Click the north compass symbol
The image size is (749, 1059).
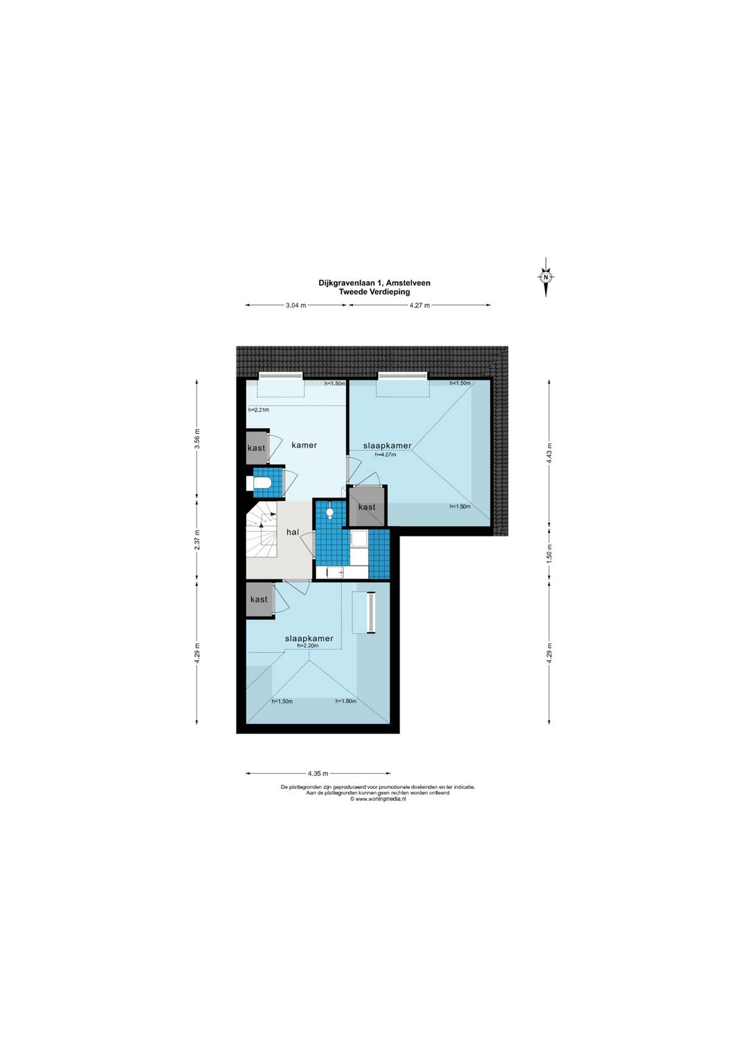(x=546, y=277)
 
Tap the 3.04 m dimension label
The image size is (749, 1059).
(x=296, y=305)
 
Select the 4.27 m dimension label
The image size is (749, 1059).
(x=420, y=305)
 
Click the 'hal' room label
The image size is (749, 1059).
(x=293, y=532)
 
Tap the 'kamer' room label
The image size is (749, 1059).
(x=304, y=445)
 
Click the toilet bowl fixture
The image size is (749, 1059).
(x=259, y=483)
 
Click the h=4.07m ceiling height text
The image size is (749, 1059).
(x=386, y=455)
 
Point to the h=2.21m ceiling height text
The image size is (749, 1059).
(x=259, y=410)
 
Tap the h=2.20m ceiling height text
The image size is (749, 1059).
(x=308, y=645)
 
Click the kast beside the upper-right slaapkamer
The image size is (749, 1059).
(x=367, y=507)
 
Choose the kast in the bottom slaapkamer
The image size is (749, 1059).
(x=259, y=599)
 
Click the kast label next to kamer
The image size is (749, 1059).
(x=257, y=448)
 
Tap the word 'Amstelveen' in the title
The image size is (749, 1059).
(x=408, y=283)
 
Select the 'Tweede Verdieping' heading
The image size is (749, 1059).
(x=374, y=291)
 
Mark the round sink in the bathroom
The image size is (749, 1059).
(x=329, y=511)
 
